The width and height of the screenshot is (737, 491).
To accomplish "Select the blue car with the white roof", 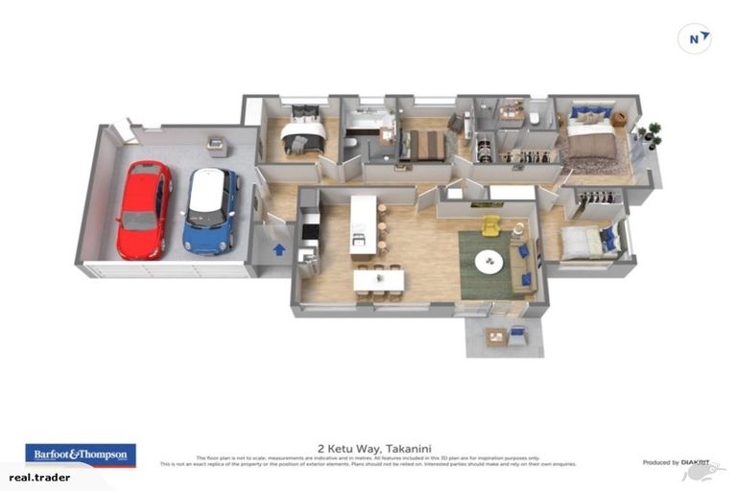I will point(209,210).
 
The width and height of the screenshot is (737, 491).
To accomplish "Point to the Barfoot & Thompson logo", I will point(81,454).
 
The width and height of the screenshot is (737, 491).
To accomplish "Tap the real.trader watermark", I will point(39,477).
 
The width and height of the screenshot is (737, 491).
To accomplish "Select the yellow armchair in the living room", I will point(490,226).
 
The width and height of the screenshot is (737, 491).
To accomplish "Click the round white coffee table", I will point(489,261).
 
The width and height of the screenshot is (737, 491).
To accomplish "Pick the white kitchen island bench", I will point(363,225).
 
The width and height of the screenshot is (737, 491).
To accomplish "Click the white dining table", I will point(378,280).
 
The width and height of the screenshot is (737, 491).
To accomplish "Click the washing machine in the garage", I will point(218,147).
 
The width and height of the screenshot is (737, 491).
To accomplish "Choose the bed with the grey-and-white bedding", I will point(300,139).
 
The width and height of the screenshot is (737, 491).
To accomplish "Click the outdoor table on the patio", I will point(496,336).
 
